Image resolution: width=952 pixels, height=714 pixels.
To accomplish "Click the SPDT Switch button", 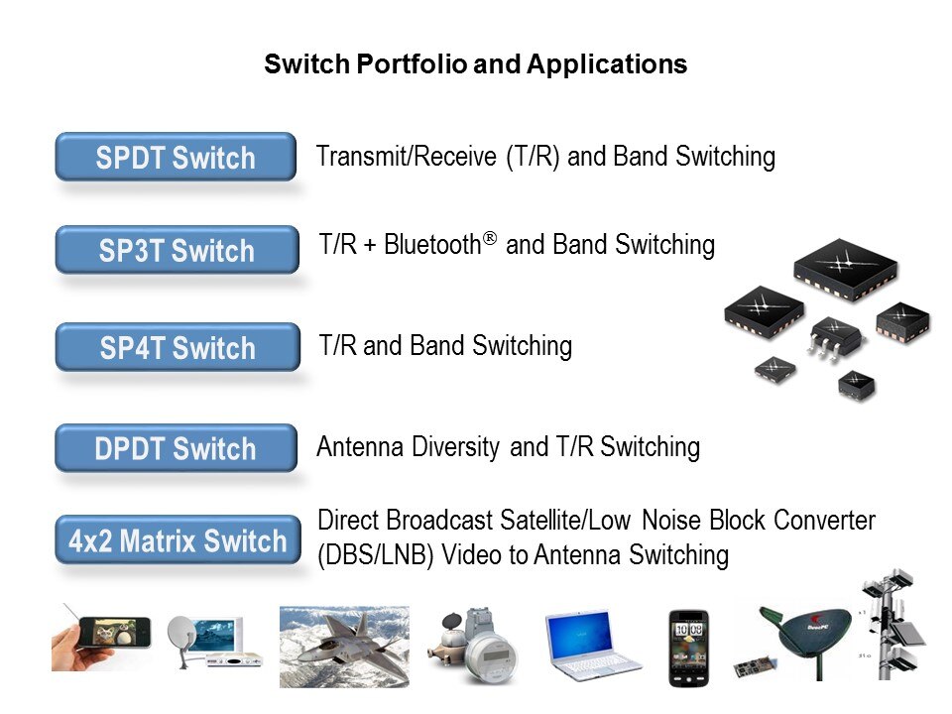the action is coord(176,157).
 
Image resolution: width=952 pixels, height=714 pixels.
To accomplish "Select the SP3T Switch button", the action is coord(177,250).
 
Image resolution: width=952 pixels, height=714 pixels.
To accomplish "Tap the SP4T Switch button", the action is coord(178,347).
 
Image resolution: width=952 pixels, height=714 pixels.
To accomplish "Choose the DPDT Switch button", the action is coord(177,448).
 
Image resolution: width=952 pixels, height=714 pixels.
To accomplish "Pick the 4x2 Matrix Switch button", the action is coord(178,539).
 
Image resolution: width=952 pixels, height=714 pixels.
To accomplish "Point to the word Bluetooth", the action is coord(432,245).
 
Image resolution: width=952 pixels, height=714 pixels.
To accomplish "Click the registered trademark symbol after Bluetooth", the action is coord(489,237).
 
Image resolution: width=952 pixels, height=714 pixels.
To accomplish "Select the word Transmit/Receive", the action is coord(407,157).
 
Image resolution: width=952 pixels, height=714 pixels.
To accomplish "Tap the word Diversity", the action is coord(455,447).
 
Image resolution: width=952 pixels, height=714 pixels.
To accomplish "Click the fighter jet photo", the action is coord(344,647).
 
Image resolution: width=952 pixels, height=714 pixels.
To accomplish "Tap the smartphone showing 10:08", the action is coord(688,649).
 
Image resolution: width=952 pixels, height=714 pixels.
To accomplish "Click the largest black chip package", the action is coord(845,270).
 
